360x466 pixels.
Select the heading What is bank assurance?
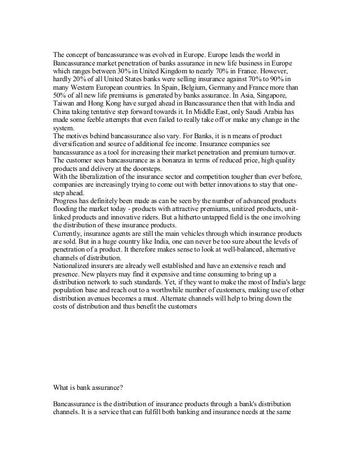pos(91,388)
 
